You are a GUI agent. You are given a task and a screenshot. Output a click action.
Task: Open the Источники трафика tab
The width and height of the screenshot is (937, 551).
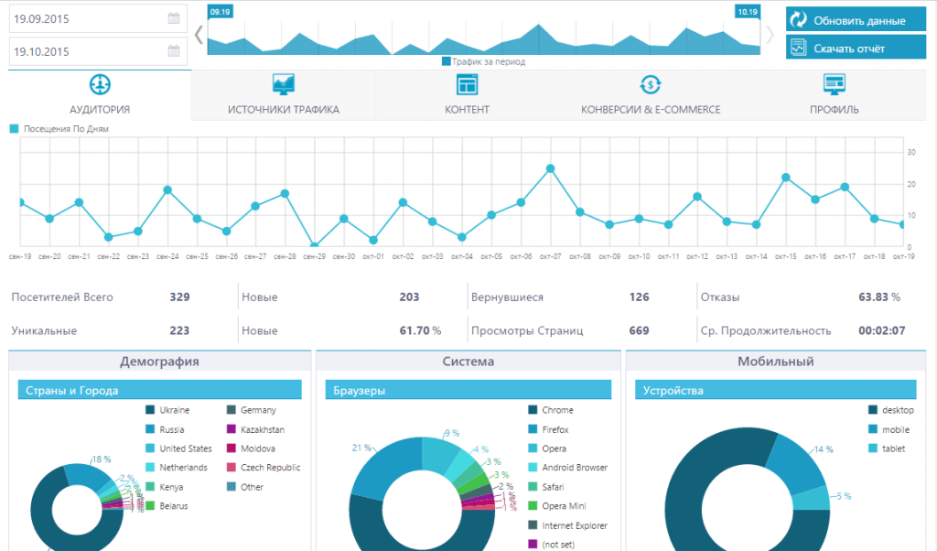tap(284, 95)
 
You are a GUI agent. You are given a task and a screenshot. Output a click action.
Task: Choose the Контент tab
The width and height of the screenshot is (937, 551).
tap(467, 95)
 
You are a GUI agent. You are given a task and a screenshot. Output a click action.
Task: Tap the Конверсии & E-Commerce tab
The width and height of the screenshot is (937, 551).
tap(651, 95)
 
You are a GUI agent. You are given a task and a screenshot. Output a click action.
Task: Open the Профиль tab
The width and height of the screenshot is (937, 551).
tap(834, 95)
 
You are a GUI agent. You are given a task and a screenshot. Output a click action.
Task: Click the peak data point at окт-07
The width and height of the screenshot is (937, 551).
tap(550, 168)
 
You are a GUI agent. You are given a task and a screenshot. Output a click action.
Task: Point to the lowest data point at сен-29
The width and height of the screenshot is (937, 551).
tap(314, 246)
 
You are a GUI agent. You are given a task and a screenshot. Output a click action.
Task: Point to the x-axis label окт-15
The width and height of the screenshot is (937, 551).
tap(786, 257)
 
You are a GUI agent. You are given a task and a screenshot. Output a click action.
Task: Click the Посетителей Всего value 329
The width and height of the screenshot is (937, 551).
tap(179, 297)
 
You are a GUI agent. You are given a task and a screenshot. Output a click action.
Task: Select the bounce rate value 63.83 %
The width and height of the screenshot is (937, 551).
tap(879, 297)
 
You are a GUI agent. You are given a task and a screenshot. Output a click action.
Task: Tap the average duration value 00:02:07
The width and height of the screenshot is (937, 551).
tap(882, 330)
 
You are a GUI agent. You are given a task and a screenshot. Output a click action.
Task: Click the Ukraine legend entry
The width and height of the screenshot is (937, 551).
tap(173, 410)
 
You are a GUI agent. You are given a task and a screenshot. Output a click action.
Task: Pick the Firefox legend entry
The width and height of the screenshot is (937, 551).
tap(555, 429)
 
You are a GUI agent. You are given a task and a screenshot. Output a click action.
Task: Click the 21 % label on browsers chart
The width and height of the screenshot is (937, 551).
tap(361, 448)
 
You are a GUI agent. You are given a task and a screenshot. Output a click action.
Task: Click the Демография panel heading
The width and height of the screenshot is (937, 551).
tap(159, 362)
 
